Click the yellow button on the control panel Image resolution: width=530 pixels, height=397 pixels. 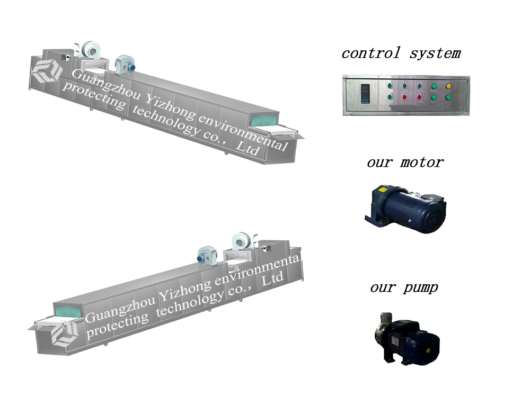448,86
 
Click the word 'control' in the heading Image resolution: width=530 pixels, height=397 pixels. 371,53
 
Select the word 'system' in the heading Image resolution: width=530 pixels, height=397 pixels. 435,53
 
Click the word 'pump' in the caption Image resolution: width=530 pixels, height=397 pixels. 420,288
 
